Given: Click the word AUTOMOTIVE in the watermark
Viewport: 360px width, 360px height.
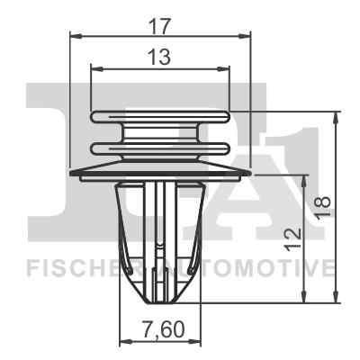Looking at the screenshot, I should (x=261, y=266).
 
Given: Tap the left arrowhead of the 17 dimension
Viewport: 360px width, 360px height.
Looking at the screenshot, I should (x=75, y=37).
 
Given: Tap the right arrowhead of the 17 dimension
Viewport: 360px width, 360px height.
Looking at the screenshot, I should (x=244, y=37).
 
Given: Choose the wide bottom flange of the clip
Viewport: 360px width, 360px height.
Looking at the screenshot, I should (x=159, y=171).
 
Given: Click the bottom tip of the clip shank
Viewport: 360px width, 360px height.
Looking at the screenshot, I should (x=159, y=299).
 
